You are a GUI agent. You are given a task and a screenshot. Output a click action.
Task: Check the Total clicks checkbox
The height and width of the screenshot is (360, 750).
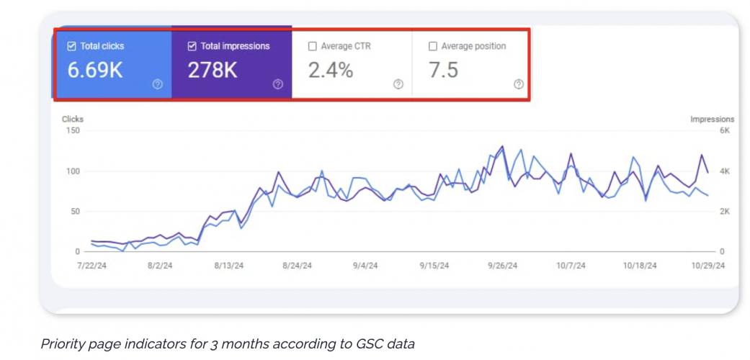coord(71,46)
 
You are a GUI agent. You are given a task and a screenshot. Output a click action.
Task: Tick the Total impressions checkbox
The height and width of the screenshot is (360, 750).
coord(192,46)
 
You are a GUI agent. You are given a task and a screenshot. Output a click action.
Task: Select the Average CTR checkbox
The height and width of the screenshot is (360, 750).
coord(312,46)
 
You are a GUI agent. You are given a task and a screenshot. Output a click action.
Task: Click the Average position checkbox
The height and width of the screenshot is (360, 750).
coord(432,46)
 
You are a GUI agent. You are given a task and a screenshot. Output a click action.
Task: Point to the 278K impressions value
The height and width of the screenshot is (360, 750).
coord(213,71)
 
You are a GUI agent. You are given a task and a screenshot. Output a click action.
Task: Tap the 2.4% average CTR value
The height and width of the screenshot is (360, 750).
coord(331,71)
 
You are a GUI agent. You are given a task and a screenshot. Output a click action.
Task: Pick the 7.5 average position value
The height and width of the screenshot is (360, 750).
coord(443,71)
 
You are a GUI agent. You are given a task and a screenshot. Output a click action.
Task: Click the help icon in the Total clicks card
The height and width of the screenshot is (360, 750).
coord(158,84)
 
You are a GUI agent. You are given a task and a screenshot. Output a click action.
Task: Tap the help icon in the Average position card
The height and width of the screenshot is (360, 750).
coord(518,84)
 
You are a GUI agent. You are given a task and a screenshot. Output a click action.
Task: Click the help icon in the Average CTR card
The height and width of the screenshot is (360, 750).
coord(398,84)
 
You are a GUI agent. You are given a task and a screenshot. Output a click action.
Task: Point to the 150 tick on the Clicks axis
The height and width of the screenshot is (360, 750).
coord(71,130)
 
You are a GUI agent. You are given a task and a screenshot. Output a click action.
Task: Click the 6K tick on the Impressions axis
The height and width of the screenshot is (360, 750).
coord(724,130)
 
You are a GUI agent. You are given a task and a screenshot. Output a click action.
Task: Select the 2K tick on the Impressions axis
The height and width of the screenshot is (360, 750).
coord(724,212)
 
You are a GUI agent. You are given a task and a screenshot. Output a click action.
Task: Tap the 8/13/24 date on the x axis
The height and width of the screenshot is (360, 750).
coord(228,266)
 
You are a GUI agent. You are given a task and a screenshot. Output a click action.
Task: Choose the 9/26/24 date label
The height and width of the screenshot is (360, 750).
coord(502,266)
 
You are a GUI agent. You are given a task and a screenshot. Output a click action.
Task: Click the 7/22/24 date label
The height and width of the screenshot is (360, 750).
coord(92,266)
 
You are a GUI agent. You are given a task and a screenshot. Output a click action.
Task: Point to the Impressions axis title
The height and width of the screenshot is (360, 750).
coord(712,120)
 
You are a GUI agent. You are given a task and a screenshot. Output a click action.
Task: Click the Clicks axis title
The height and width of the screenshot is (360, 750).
coord(73,120)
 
